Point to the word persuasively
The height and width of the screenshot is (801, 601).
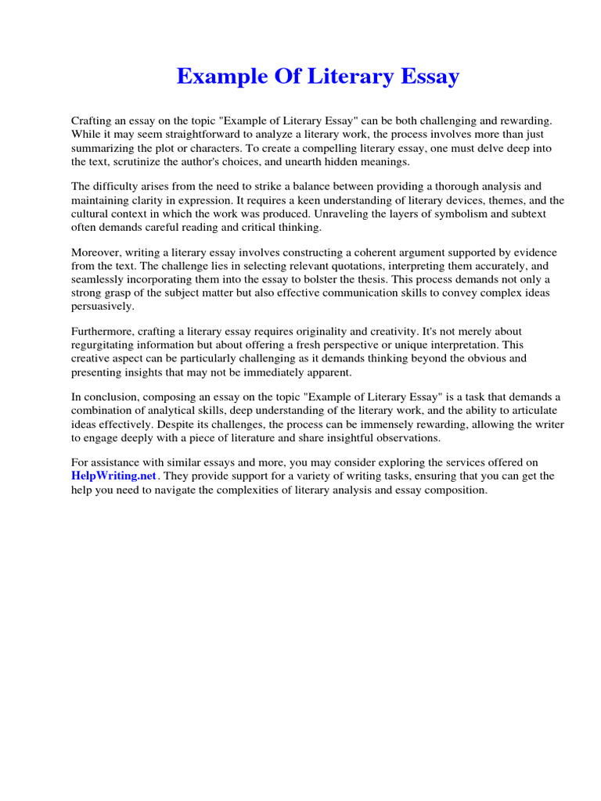(x=103, y=306)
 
